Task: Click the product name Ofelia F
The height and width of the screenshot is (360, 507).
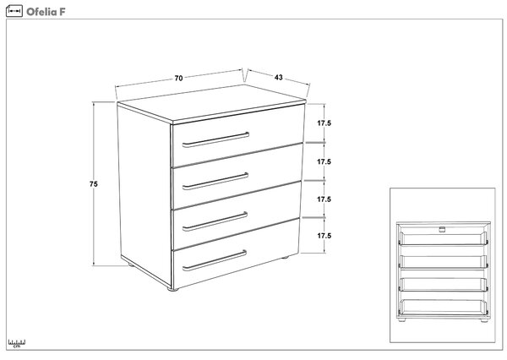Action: pos(46,12)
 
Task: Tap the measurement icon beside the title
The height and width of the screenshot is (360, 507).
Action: pos(14,11)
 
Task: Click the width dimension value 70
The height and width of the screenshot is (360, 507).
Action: pos(178,79)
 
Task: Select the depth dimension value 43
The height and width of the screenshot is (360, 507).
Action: pos(278,77)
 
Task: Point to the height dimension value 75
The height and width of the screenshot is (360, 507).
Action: pos(94,184)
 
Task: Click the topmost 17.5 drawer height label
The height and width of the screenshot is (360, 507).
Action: pos(324,123)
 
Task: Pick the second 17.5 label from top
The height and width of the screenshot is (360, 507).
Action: pos(324,161)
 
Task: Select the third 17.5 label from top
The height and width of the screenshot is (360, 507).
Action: pos(324,199)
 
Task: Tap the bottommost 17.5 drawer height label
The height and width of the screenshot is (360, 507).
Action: pos(324,236)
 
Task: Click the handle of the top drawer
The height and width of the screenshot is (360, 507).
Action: pos(215,140)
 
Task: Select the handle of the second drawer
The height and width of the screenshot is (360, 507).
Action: pos(215,182)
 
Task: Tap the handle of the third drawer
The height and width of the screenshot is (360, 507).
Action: pos(215,222)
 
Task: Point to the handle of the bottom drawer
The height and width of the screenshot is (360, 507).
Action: pos(215,260)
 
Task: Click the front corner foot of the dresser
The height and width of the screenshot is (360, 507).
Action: pos(173,290)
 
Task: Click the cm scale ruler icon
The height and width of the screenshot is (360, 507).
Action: pos(17,343)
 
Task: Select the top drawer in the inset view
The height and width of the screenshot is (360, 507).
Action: pos(444,238)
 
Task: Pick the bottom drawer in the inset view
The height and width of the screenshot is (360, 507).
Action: pos(444,308)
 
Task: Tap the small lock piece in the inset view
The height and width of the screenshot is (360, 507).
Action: pos(442,230)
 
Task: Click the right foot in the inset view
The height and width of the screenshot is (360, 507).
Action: pos(484,320)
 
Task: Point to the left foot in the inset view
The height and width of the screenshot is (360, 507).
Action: pos(402,320)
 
